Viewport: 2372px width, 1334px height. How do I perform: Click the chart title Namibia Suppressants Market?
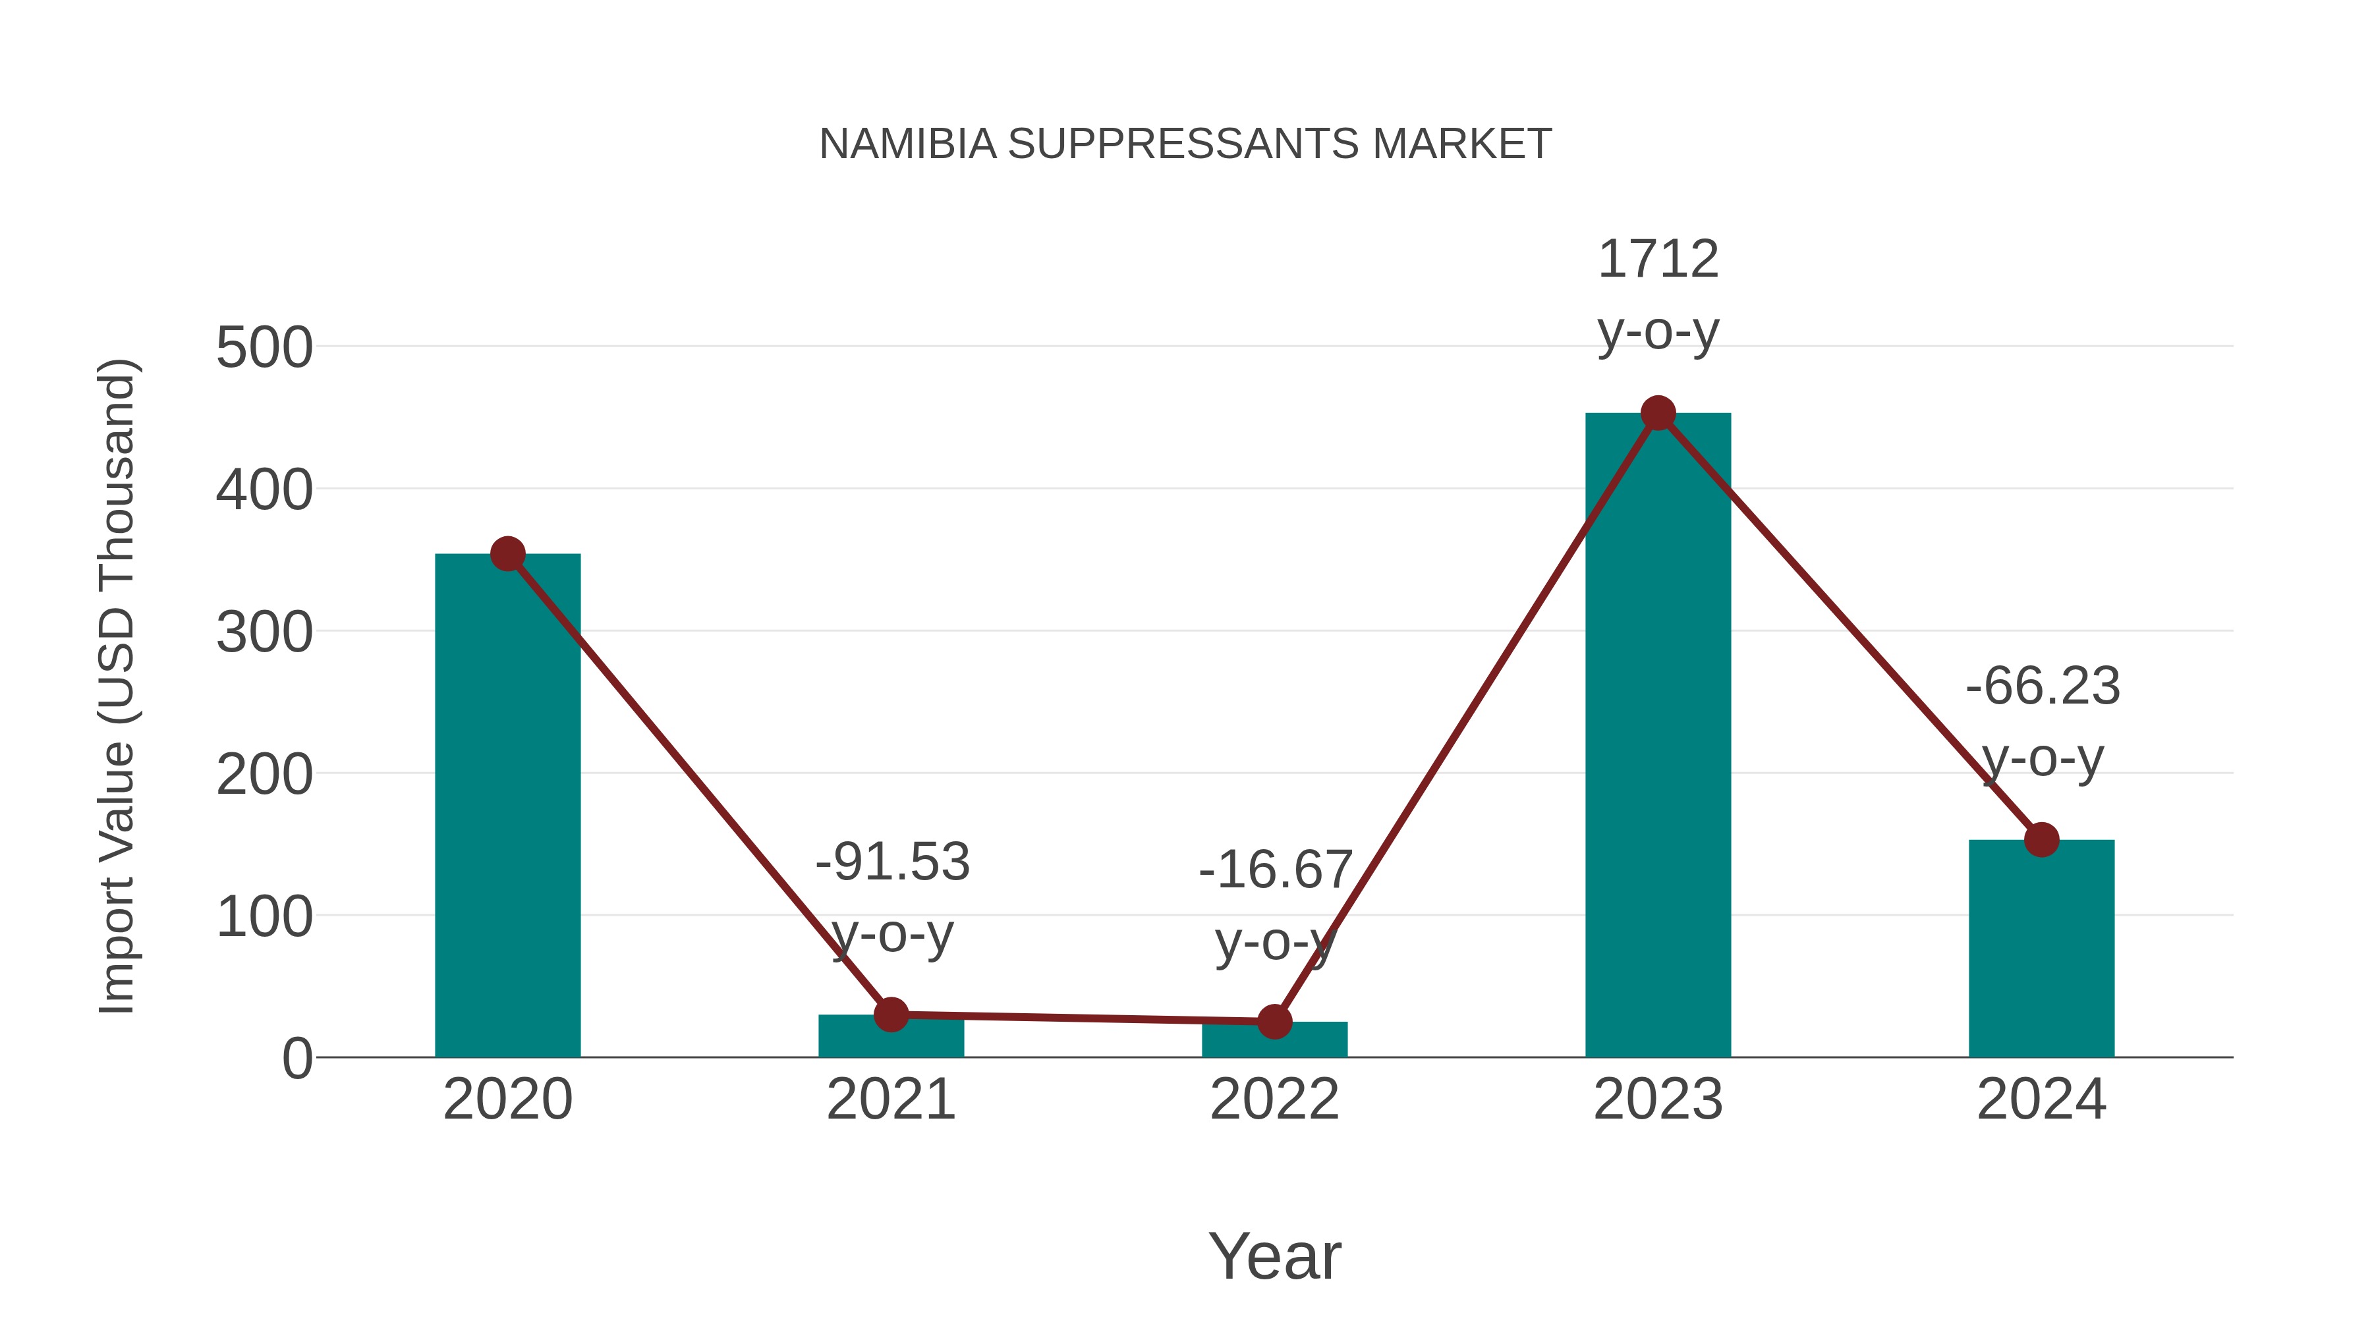(1185, 144)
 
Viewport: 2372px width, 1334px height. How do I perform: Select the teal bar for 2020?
(507, 810)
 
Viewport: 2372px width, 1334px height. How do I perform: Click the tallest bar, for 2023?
(1658, 736)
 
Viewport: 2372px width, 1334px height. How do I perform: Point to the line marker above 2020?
(507, 554)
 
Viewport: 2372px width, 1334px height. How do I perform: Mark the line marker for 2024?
(2041, 840)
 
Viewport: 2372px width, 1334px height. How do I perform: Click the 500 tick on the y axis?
(264, 349)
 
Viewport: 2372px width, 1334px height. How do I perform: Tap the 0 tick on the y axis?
(297, 1059)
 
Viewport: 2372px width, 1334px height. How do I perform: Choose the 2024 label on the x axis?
(2041, 1100)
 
